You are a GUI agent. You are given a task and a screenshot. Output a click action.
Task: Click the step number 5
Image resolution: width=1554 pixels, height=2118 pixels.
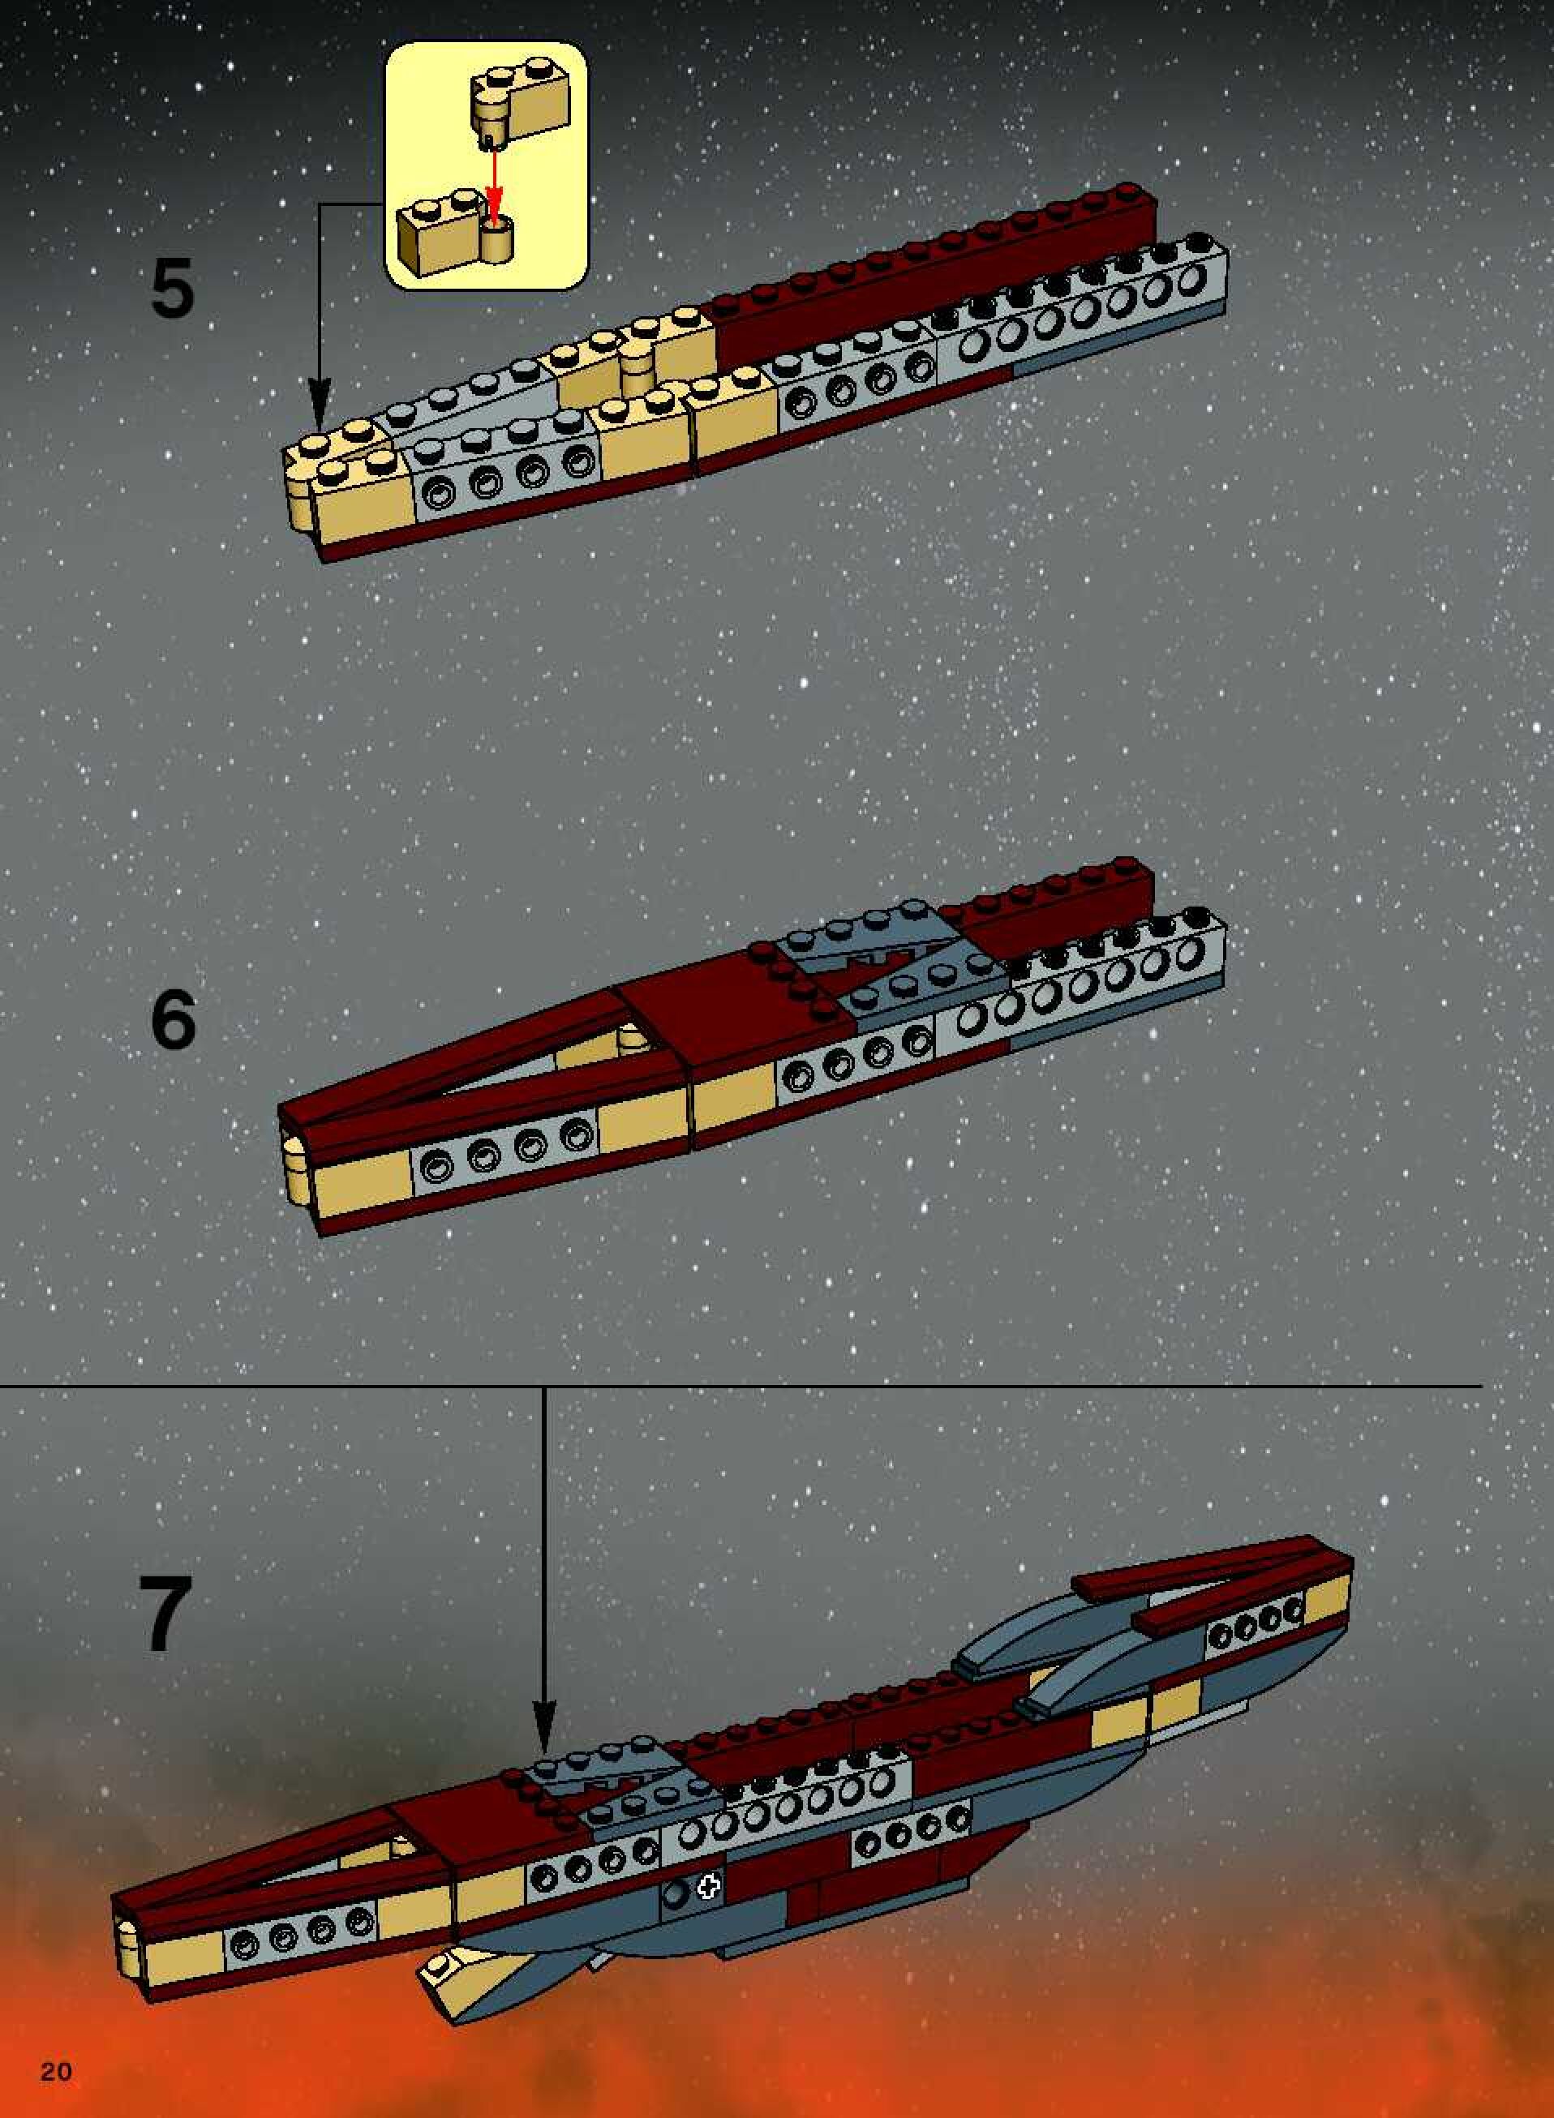pyautogui.click(x=173, y=288)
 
